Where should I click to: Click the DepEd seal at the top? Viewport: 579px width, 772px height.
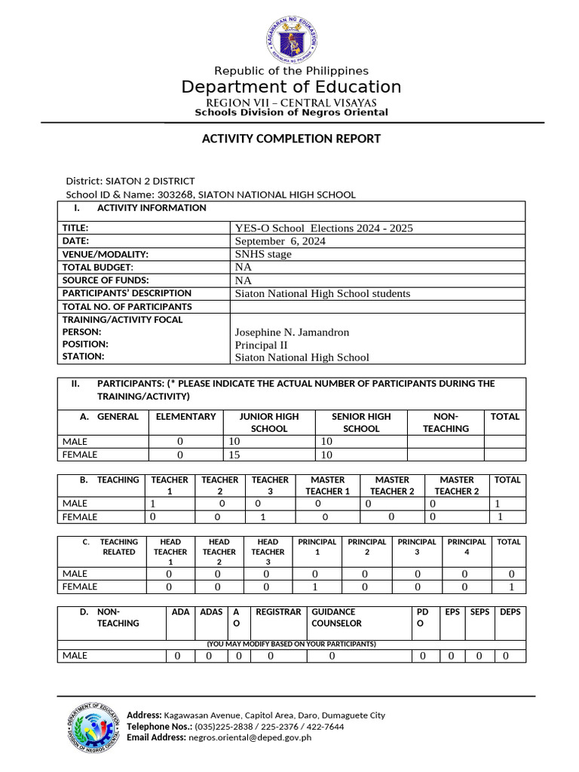pyautogui.click(x=291, y=38)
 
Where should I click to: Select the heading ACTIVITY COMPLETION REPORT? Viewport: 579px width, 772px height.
pyautogui.click(x=291, y=139)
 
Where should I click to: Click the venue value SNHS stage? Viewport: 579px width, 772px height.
pyautogui.click(x=263, y=254)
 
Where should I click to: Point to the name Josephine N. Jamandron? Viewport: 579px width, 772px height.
pyautogui.click(x=292, y=332)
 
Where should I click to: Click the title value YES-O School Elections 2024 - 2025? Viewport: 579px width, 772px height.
pyautogui.click(x=324, y=228)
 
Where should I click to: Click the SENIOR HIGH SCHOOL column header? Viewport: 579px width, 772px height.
pyautogui.click(x=361, y=422)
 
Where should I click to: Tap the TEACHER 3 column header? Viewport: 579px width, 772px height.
pyautogui.click(x=270, y=486)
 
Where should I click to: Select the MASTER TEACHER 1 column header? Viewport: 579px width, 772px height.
pyautogui.click(x=327, y=486)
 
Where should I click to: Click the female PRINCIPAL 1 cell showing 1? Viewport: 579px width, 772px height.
pyautogui.click(x=317, y=587)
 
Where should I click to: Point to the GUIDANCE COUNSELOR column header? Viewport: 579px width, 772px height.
pyautogui.click(x=336, y=617)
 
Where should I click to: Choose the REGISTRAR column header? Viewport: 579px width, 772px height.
pyautogui.click(x=278, y=612)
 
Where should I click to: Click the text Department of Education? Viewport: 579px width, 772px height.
pyautogui.click(x=291, y=87)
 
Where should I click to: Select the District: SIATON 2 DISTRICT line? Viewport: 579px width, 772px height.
pyautogui.click(x=130, y=181)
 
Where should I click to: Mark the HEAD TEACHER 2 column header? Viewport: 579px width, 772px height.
pyautogui.click(x=219, y=552)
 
